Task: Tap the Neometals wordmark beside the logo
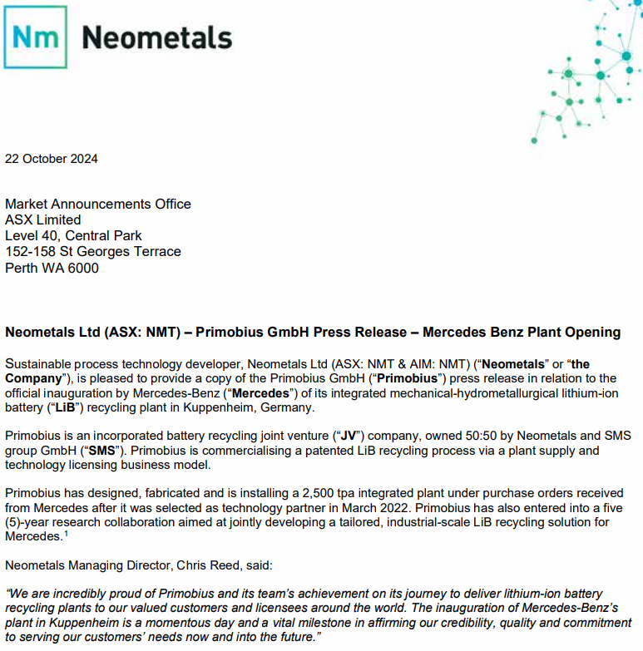pos(157,37)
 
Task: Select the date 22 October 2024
pos(52,159)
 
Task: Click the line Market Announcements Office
pos(98,204)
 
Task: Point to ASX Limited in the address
pos(43,219)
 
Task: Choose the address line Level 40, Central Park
pos(74,235)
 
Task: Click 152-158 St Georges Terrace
pos(93,251)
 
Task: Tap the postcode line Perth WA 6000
pos(52,268)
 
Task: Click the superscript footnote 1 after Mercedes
pos(67,534)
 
